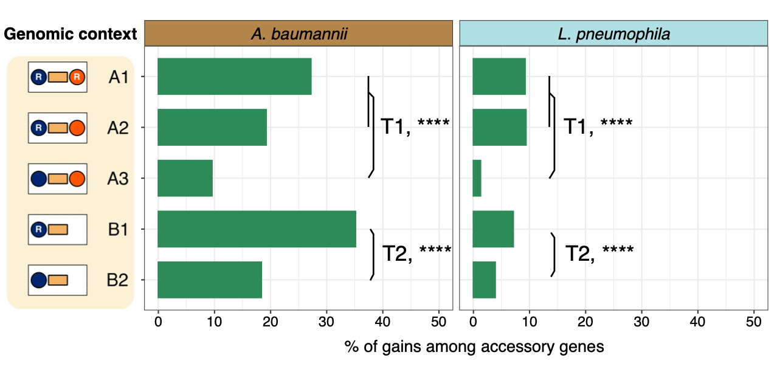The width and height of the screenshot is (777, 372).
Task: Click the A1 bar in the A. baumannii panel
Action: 234,77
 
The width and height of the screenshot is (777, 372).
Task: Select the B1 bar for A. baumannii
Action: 257,229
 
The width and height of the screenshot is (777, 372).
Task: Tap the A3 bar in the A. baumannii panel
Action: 185,178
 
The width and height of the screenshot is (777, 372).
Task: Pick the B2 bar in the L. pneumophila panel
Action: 484,280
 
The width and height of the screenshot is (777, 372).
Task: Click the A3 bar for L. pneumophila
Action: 477,178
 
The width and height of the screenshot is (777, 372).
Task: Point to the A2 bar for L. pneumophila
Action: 499,128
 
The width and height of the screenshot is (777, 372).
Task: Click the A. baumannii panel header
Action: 299,33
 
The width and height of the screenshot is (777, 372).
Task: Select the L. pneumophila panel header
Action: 613,33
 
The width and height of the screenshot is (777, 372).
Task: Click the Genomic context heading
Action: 71,34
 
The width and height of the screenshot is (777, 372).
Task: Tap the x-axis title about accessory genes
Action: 474,347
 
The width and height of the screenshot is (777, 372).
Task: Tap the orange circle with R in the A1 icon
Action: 77,77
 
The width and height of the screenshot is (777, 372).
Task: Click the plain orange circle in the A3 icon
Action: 77,179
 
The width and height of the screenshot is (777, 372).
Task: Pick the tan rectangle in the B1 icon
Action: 58,229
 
